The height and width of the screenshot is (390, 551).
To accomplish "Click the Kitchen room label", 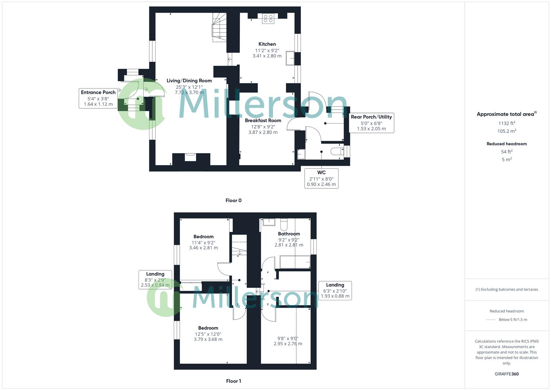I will [x=267, y=44].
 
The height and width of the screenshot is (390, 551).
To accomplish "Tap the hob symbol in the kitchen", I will [x=268, y=18].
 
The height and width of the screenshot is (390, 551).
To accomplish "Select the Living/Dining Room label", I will [x=189, y=81].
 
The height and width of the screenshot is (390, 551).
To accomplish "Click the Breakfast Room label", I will [x=263, y=120].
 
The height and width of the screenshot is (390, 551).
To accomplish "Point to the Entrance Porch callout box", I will [x=98, y=98].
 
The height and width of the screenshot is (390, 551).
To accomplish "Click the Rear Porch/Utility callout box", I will [x=371, y=123].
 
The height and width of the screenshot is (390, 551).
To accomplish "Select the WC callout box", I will [x=321, y=178].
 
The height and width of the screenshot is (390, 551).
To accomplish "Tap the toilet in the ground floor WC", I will [x=337, y=151].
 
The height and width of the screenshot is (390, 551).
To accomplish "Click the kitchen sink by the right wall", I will [x=290, y=58].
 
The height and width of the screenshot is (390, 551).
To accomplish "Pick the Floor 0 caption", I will [x=233, y=200].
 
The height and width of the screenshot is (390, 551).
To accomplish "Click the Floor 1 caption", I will [x=233, y=381].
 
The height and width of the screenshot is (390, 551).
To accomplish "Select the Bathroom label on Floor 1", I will [x=289, y=234].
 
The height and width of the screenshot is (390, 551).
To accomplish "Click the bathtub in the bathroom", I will [x=295, y=262].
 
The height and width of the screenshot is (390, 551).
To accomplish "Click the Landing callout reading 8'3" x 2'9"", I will [x=155, y=279].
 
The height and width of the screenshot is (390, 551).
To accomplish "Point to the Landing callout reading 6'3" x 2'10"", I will [x=335, y=290].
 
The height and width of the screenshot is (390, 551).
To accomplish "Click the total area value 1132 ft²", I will [x=507, y=123].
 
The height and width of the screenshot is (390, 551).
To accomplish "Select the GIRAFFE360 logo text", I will [x=507, y=374].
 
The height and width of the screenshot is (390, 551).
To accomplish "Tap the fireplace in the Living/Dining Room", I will [x=190, y=157].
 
